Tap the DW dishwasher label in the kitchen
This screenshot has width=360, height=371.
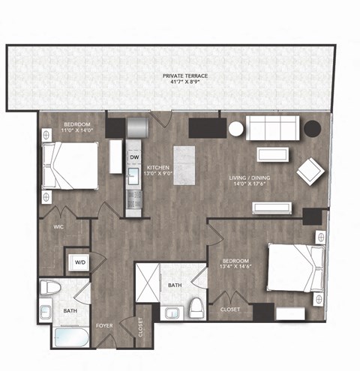[135, 157]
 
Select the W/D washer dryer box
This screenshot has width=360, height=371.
[79, 262]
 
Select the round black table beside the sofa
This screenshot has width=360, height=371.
[312, 128]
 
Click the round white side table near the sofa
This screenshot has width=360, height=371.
[236, 129]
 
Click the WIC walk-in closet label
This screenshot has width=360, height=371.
[58, 225]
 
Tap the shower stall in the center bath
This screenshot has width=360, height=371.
[149, 283]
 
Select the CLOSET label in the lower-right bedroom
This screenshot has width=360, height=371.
[229, 309]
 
